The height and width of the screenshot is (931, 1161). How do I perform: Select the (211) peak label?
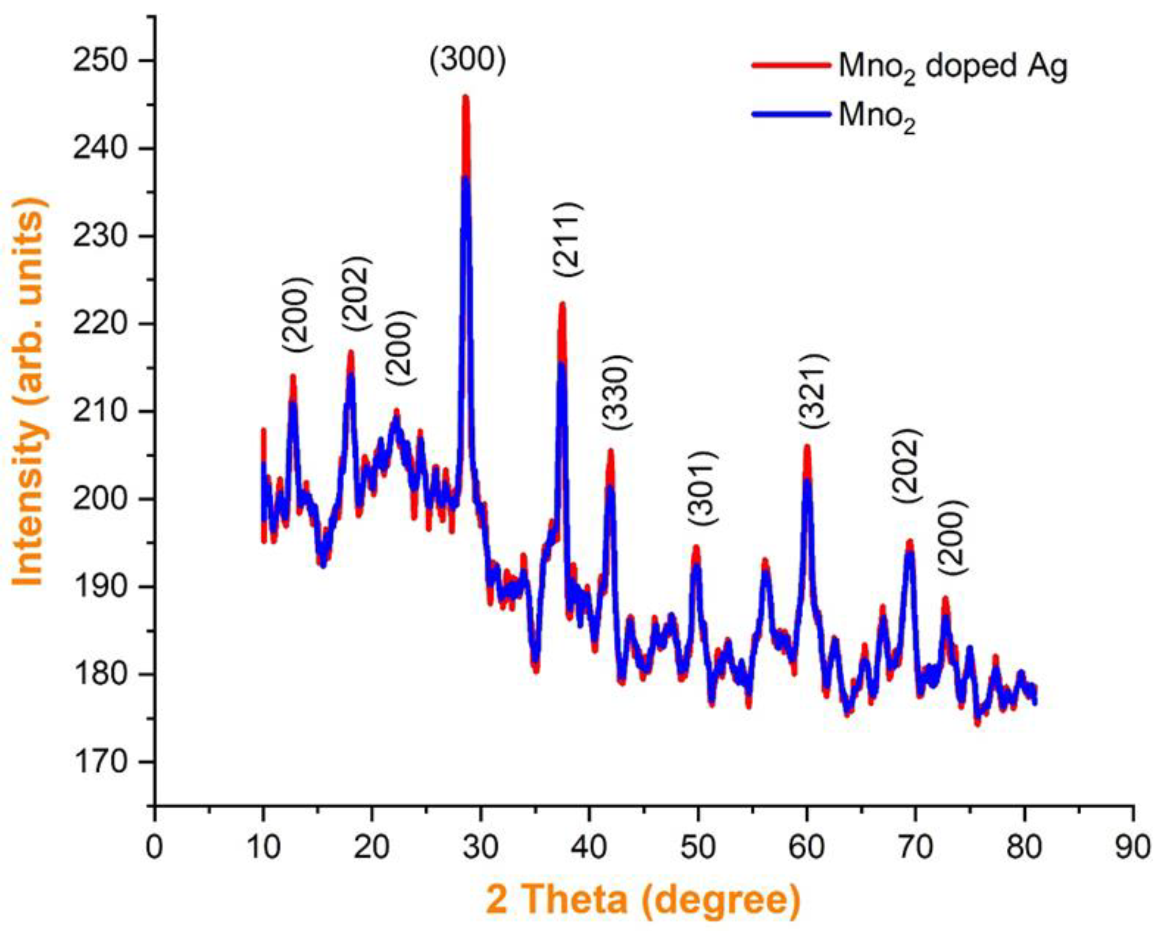pyautogui.click(x=567, y=240)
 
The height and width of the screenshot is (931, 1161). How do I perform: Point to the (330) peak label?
pyautogui.click(x=615, y=392)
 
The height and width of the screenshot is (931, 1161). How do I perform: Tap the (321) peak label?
pyautogui.click(x=811, y=392)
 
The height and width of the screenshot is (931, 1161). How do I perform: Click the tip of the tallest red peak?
pyautogui.click(x=466, y=97)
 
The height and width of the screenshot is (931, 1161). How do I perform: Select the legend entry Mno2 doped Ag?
pyautogui.click(x=952, y=69)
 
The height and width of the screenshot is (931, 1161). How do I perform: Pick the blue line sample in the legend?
pyautogui.click(x=789, y=114)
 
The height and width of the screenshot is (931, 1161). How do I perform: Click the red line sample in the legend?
pyautogui.click(x=789, y=64)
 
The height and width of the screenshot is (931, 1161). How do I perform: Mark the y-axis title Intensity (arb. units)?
pyautogui.click(x=28, y=392)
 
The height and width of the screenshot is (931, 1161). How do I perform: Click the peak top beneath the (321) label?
pyautogui.click(x=807, y=447)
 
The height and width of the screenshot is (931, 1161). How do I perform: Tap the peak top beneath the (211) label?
pyautogui.click(x=562, y=304)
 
